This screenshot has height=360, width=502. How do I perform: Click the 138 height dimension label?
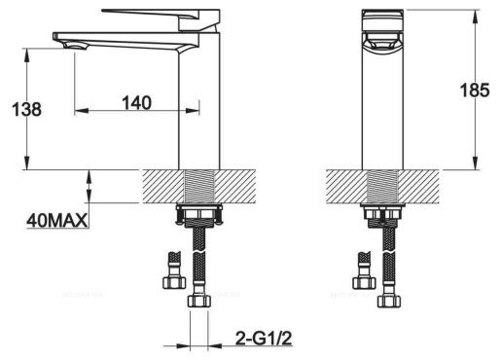coord(26,109)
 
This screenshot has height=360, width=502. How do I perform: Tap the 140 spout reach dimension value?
coord(136,102)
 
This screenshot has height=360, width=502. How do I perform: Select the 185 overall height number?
coord(475,90)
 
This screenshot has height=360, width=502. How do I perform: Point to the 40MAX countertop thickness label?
coord(57,221)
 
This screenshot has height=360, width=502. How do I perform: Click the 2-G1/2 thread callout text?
coord(264,340)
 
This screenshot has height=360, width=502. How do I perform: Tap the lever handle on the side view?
coord(161,19)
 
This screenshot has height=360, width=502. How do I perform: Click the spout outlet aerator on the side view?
coord(75,46)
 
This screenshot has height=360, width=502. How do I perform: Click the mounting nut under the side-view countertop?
coord(199,215)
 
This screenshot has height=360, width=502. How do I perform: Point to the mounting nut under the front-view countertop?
coord(382,215)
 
